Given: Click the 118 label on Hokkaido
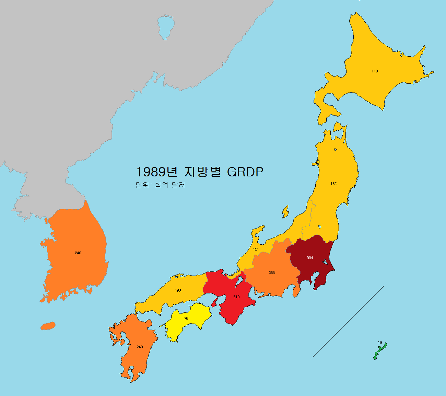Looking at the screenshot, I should (375, 71).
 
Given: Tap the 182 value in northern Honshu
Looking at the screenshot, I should (333, 184).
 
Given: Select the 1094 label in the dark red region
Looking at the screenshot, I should (309, 258).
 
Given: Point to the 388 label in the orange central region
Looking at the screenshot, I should (272, 272).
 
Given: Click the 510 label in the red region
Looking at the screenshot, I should (236, 297).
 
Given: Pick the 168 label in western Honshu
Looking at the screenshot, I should (178, 291).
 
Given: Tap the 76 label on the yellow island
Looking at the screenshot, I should (186, 318).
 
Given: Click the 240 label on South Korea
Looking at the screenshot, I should (78, 253).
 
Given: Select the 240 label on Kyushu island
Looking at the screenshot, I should (140, 347).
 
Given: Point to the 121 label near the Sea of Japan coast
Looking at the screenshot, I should (256, 249).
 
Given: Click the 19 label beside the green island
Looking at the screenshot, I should (380, 342).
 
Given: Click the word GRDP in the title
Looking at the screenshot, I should (245, 172).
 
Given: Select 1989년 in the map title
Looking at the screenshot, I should (156, 172).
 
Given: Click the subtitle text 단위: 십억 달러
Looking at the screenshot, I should (160, 185).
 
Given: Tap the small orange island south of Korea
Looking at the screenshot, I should (48, 326).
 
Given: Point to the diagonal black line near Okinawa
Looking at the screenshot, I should (348, 322).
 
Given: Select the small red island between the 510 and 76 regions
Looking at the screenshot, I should (214, 302).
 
